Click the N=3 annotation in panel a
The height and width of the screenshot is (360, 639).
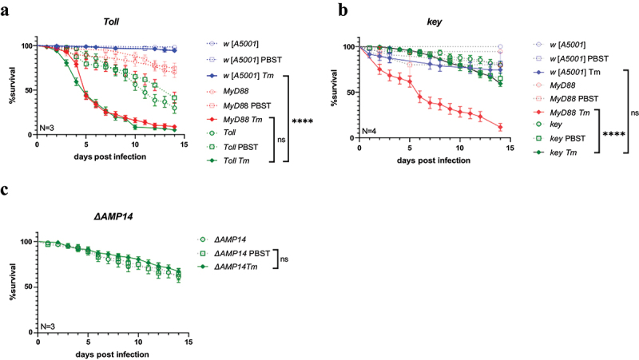pyautogui.click(x=48, y=127)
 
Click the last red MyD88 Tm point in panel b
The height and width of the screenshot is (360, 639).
pyautogui.click(x=500, y=127)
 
